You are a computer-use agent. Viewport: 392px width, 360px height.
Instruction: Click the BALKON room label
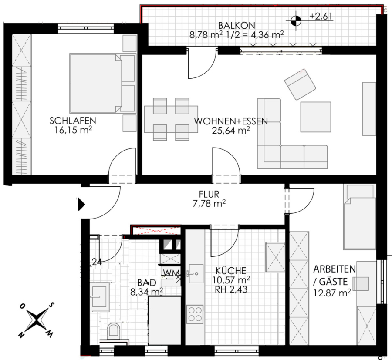point(237,25)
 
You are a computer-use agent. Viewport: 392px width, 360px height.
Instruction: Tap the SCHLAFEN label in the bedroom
point(73,121)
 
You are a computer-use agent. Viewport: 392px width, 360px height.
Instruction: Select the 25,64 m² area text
point(231,130)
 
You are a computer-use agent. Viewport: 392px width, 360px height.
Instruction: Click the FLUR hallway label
point(209,194)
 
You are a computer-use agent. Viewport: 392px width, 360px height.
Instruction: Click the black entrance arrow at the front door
point(81,204)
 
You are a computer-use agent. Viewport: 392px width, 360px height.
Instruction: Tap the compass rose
point(37,320)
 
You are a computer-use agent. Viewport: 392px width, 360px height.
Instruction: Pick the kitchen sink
point(195,273)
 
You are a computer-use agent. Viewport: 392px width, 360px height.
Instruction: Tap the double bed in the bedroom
point(102,83)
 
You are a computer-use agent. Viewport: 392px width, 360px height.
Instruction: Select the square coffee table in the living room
point(316,117)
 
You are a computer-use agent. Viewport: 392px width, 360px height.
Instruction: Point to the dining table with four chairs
point(171,119)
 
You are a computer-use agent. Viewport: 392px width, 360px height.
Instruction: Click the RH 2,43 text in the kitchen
point(231,289)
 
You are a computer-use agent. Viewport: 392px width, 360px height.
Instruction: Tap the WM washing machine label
point(171,273)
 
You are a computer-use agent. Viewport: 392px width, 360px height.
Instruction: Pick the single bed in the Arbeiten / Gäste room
point(359,217)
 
